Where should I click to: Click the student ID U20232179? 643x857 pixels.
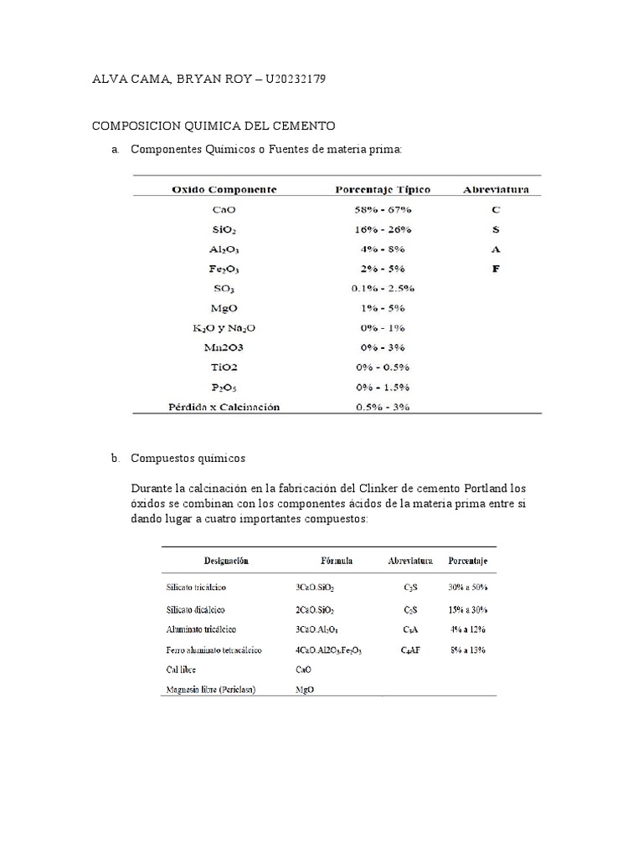tap(295, 80)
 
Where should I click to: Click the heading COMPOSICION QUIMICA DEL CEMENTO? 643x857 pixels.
tap(213, 126)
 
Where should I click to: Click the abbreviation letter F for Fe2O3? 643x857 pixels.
tap(496, 268)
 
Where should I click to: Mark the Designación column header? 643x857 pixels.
tap(223, 560)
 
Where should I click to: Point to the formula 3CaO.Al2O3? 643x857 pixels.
tap(317, 629)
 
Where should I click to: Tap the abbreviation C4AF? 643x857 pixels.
tap(410, 649)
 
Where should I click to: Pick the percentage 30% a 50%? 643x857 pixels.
tap(467, 588)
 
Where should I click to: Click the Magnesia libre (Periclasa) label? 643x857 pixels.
tap(211, 690)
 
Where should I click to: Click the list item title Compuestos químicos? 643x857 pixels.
tap(188, 459)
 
